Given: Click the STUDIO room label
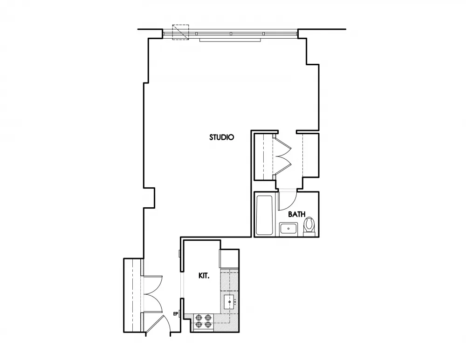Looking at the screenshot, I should [x=221, y=137].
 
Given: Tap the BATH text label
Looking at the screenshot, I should [x=297, y=215].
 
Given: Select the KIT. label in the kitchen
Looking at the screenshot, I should [x=204, y=276].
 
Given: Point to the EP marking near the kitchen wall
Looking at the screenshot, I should [x=176, y=314].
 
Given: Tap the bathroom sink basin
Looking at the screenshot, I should [x=289, y=229].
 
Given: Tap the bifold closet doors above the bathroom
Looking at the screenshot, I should [x=282, y=156].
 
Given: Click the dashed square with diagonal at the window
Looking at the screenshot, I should [x=180, y=33].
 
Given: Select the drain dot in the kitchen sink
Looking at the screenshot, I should [x=230, y=302].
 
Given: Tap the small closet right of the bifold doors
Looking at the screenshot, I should [x=310, y=156].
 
